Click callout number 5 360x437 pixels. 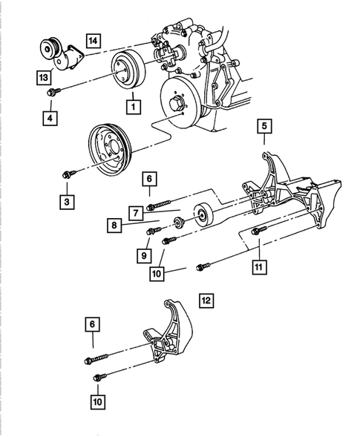264,126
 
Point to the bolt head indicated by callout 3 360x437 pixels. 67,174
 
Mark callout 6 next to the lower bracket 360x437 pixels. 93,324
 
